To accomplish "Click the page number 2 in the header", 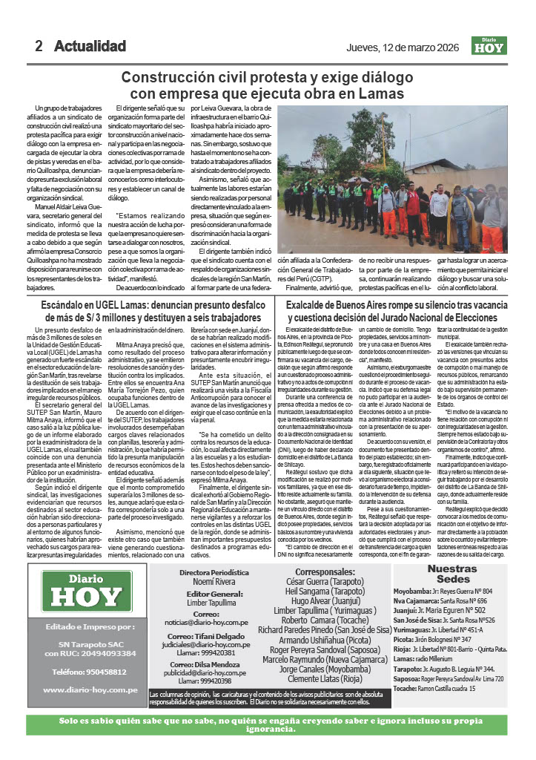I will click(39, 46).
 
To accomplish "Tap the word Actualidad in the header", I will click(90, 46).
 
